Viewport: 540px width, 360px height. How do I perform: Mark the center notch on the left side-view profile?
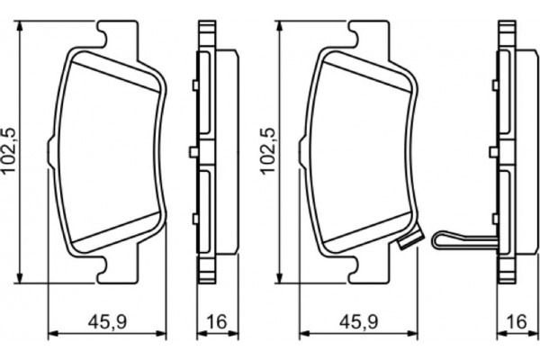pyautogui.click(x=193, y=151)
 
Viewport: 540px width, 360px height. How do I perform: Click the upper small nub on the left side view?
pyautogui.click(x=193, y=86)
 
